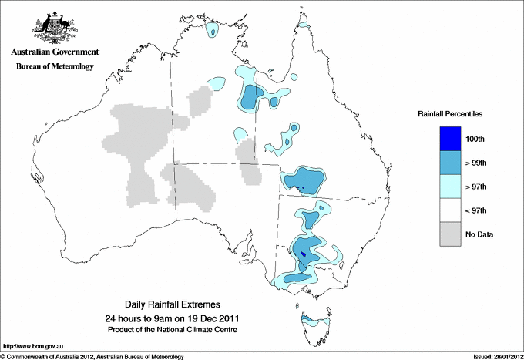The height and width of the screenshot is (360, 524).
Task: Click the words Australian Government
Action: pyautogui.click(x=55, y=52)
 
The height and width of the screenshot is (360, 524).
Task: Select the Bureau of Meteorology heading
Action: pyautogui.click(x=55, y=66)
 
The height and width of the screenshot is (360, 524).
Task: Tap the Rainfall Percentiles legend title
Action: pyautogui.click(x=450, y=113)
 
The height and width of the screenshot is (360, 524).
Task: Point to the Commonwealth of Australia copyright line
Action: pyautogui.click(x=92, y=355)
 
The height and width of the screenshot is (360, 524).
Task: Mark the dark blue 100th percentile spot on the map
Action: pyautogui.click(x=303, y=254)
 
